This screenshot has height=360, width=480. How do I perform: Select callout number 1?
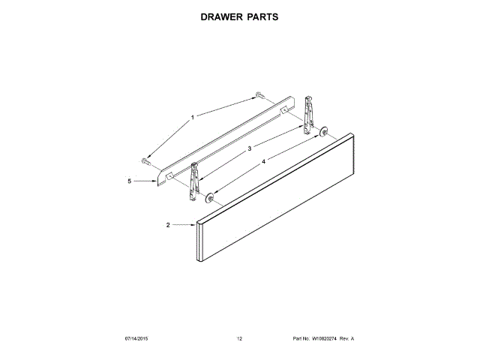coord(192,117)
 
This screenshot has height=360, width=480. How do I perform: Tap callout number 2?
coord(168,225)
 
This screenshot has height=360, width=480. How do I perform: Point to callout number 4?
coord(263,160)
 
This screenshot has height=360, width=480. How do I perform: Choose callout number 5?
coord(129,181)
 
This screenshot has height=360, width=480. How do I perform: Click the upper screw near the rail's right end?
coord(259,94)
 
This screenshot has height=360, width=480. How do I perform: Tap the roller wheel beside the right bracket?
coord(323,133)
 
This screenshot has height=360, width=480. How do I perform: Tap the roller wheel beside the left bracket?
coord(210,198)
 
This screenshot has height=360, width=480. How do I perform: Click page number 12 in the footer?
coord(240,339)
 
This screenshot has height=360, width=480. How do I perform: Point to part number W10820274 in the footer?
coord(322,339)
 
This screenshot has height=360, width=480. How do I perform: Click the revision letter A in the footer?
coord(352,339)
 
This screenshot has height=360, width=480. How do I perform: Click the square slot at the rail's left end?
coord(169,176)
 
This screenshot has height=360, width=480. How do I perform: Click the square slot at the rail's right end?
coord(283,110)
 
